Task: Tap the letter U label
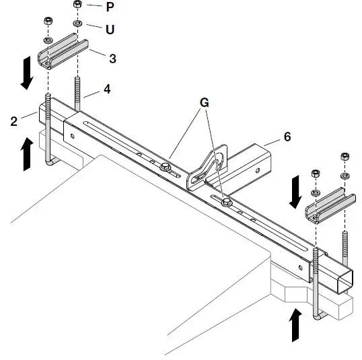click(110, 29)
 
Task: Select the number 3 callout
click(112, 59)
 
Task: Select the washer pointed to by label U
click(78, 24)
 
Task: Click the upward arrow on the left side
click(27, 154)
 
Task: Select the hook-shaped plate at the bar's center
click(205, 168)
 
